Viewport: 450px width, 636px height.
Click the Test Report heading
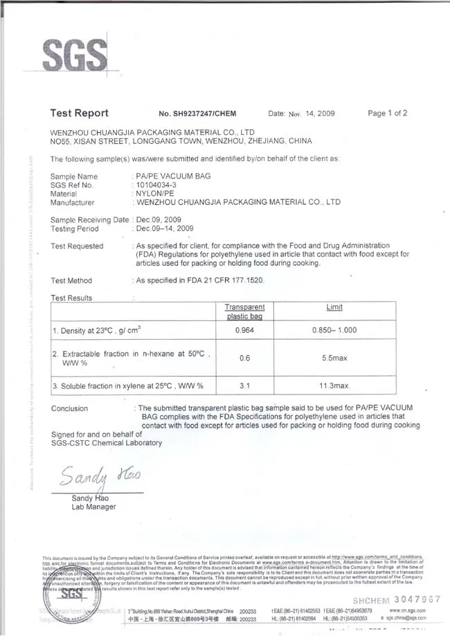[80, 113]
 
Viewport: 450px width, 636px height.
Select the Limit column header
[334, 307]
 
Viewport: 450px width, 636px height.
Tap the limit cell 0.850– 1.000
[334, 330]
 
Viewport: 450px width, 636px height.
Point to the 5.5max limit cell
[334, 358]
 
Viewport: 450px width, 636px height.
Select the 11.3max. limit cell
[334, 385]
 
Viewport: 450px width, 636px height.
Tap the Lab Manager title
[93, 507]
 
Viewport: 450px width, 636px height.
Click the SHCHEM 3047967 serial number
[397, 599]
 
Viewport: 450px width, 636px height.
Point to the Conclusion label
[70, 408]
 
